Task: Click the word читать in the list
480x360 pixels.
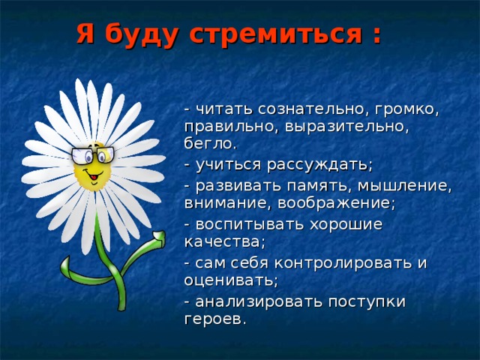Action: coord(222,110)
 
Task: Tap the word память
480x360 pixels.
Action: coord(295,185)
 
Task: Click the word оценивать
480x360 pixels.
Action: coord(231,280)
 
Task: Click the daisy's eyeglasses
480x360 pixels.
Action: coord(93,156)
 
